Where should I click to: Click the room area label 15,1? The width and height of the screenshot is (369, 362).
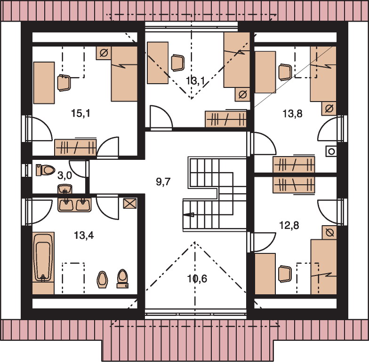[x=80, y=114]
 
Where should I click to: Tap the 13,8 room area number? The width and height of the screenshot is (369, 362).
[x=292, y=114]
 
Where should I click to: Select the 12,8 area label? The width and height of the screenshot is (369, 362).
[x=289, y=226]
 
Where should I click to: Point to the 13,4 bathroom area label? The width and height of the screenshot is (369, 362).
[x=84, y=235]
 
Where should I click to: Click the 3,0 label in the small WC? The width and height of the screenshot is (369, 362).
[x=65, y=176]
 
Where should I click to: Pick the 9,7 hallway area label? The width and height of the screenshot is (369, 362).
[x=163, y=181]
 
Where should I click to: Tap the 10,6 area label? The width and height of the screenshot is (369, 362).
[x=197, y=279]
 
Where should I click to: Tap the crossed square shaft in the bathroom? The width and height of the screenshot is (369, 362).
[x=130, y=203]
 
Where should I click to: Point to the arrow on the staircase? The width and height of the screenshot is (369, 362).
[x=188, y=214]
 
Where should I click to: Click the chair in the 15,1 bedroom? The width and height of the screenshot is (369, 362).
[x=64, y=83]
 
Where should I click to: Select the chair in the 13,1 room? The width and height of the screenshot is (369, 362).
[x=178, y=63]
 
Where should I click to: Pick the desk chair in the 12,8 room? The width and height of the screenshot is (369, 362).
[x=285, y=274]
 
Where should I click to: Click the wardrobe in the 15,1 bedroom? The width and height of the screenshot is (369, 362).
[x=75, y=148]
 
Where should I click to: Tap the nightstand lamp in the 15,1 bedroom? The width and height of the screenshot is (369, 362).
[x=104, y=53]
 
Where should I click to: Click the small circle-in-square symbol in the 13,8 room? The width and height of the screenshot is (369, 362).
[x=331, y=151]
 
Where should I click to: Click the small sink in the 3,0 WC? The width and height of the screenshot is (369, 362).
[x=65, y=189]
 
